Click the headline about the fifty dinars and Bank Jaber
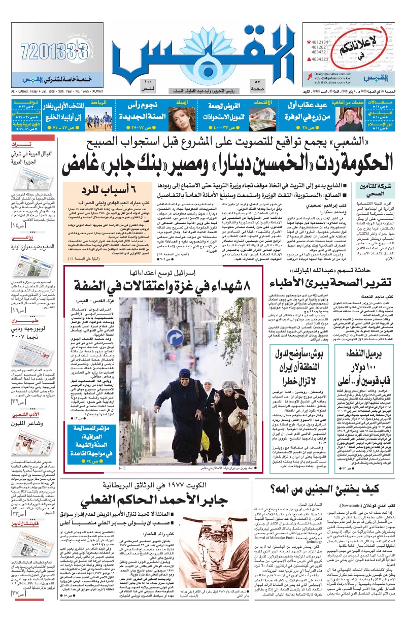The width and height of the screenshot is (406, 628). [x=228, y=163]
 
